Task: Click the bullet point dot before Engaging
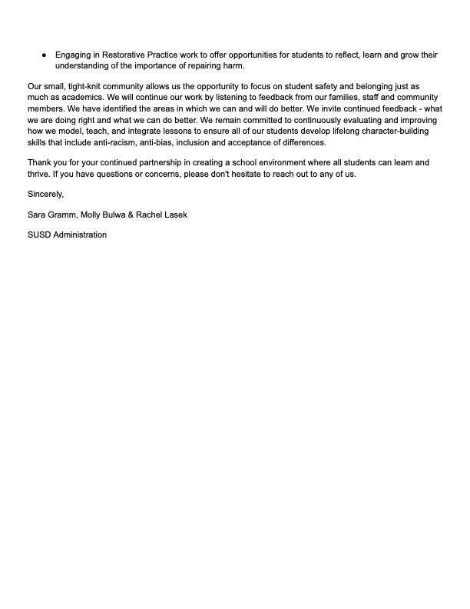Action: pyautogui.click(x=44, y=55)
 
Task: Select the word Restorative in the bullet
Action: pyautogui.click(x=126, y=55)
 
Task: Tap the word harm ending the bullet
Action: pyautogui.click(x=233, y=65)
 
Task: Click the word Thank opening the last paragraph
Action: pyautogui.click(x=40, y=163)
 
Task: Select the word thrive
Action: pyautogui.click(x=38, y=175)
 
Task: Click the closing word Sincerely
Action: pyautogui.click(x=45, y=195)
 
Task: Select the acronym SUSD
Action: pyautogui.click(x=39, y=235)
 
